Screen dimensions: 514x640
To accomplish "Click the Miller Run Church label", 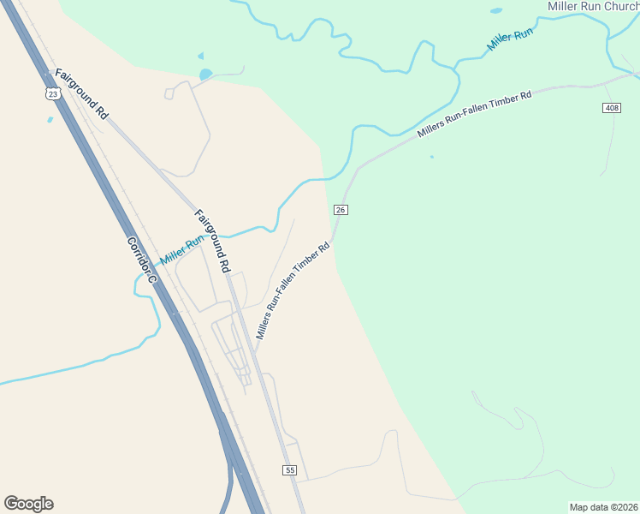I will [593, 6].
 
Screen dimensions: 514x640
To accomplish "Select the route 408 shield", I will [611, 108].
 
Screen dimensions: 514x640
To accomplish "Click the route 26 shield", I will [341, 210].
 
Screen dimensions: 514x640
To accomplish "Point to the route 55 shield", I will [290, 470].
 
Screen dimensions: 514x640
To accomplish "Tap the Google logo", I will [28, 503].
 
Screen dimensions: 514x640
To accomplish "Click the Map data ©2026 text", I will [603, 506].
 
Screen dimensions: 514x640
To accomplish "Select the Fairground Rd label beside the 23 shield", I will [82, 94].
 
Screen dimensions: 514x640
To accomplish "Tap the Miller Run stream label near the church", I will [510, 39].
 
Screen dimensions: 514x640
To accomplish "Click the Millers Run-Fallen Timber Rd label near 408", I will [475, 114].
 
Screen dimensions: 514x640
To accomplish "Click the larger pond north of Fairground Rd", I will [205, 75].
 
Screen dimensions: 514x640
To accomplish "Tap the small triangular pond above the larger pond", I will [202, 57].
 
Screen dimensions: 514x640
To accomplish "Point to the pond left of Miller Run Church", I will [496, 11].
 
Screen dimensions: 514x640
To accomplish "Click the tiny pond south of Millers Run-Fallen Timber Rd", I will [432, 157].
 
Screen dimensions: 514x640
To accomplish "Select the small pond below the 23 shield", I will [50, 119].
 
